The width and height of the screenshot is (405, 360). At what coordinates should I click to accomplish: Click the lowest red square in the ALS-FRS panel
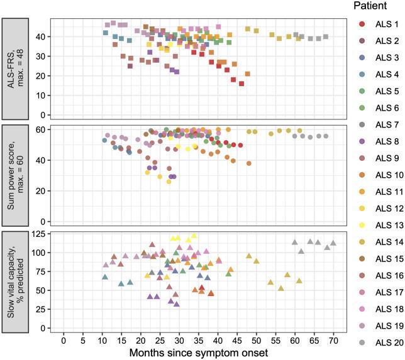tap(241, 84)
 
